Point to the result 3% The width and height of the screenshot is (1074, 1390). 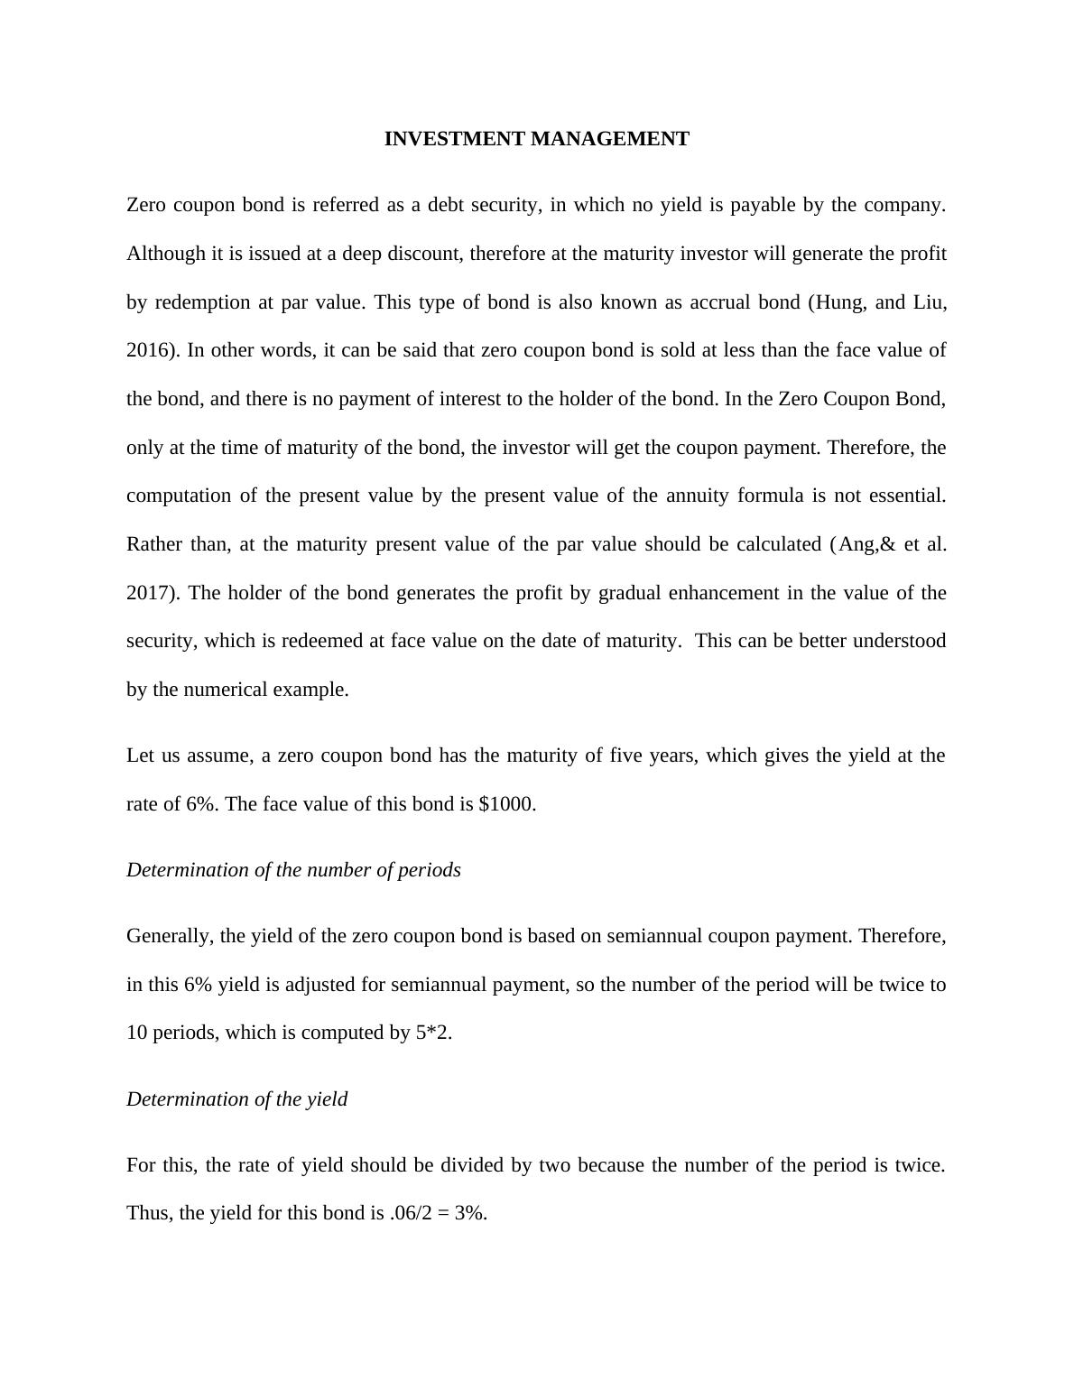tap(469, 1213)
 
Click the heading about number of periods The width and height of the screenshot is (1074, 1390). tap(293, 870)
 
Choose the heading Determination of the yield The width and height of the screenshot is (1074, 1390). tap(236, 1099)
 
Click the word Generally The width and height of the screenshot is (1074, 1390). tap(170, 936)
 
